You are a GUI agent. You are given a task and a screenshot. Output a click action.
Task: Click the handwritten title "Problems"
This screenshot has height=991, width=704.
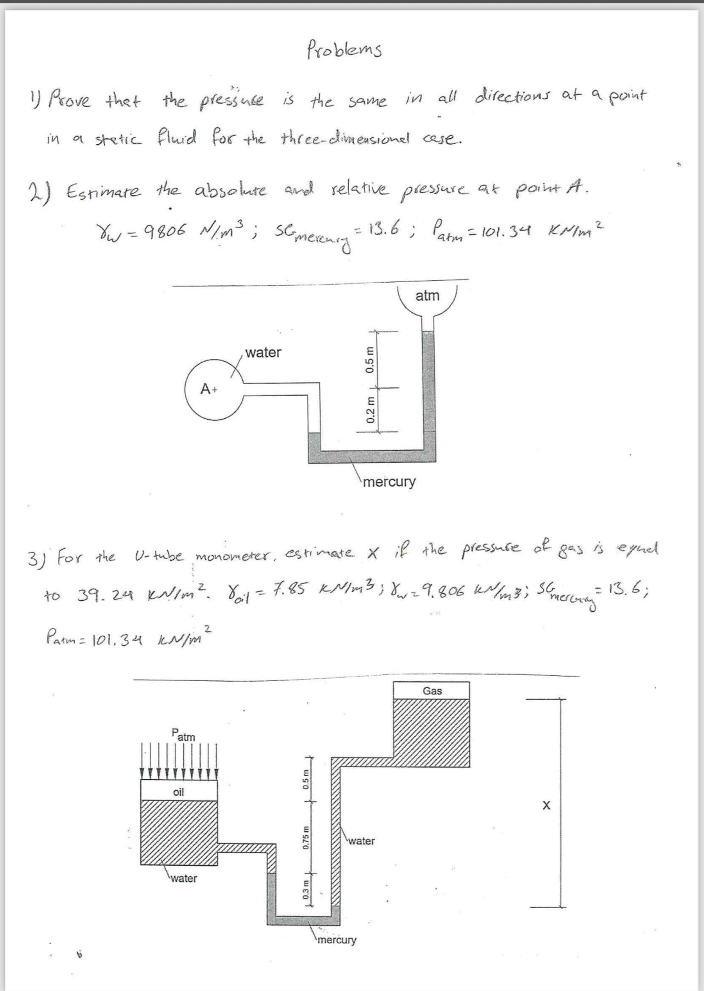coord(344,49)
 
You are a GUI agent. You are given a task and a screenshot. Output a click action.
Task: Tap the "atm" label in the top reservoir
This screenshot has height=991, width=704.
coord(427,296)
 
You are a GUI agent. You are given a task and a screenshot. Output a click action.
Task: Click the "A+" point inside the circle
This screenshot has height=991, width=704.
coord(209,389)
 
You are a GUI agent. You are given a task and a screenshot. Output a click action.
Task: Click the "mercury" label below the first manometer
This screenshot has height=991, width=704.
coord(389,482)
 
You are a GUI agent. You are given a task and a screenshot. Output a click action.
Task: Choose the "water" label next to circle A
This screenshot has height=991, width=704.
coord(263,352)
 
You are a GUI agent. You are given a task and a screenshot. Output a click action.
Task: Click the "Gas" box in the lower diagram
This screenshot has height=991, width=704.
coord(432,691)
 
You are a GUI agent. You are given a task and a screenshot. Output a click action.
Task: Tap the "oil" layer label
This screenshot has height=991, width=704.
coord(179,792)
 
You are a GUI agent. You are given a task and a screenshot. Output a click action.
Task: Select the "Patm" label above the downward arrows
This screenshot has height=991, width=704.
coord(183,735)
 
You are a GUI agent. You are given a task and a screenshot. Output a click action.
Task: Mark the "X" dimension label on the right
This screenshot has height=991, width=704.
coord(546,806)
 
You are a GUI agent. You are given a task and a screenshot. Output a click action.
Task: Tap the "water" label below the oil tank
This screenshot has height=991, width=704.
coord(184,879)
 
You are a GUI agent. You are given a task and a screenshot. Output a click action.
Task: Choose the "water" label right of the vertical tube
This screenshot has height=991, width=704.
coord(361,841)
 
